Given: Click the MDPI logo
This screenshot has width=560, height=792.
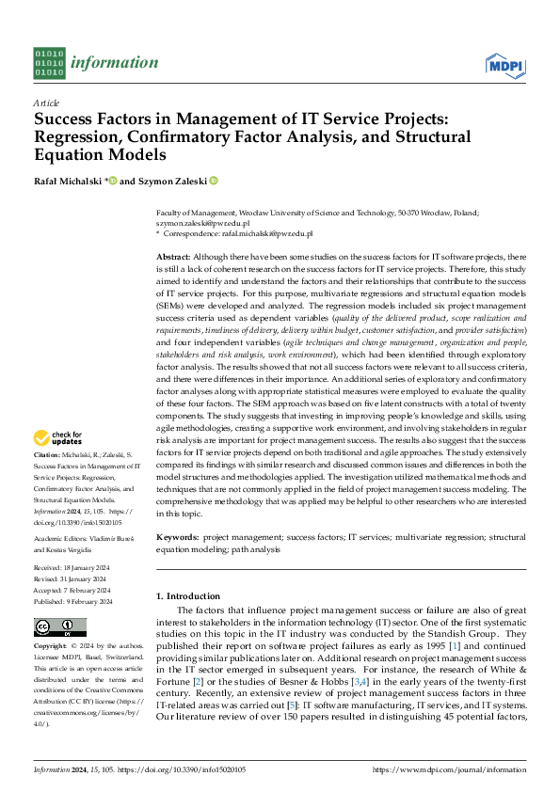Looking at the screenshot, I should click(505, 64).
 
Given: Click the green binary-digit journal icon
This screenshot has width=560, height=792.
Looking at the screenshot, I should click(49, 63).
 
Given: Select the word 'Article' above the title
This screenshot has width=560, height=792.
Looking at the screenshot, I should click(46, 103).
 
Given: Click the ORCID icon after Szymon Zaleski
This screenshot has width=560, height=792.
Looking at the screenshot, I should click(214, 180).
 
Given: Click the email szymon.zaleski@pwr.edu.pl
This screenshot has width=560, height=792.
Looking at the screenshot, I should click(202, 223).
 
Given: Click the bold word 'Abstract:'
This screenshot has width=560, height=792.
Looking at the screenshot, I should click(174, 257).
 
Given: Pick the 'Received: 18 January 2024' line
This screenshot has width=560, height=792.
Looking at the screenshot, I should click(73, 568).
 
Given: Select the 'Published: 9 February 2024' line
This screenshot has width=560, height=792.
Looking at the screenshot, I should click(73, 601).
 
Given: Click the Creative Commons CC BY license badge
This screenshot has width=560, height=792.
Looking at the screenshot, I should click(60, 627).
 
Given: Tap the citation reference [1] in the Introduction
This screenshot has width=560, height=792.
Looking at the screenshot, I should click(455, 649).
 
